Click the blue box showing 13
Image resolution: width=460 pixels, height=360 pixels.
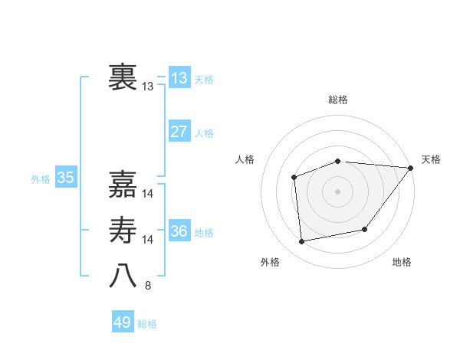(x=179, y=77)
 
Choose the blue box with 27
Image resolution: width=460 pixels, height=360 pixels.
(x=179, y=131)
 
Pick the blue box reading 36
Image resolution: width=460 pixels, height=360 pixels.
(x=179, y=231)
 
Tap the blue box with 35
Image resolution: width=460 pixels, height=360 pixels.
(x=66, y=178)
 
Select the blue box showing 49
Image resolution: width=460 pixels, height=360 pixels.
(x=123, y=322)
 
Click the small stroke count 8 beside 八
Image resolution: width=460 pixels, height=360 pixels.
(x=148, y=286)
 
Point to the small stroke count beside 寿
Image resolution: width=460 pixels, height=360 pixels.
(x=148, y=241)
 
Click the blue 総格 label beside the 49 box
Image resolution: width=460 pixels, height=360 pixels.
(x=147, y=324)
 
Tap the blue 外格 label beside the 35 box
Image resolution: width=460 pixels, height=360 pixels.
(x=41, y=179)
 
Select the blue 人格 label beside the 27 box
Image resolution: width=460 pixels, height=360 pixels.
(x=204, y=133)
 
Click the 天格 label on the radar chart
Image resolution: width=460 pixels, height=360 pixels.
(x=431, y=159)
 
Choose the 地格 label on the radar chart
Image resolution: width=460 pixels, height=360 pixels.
(x=402, y=262)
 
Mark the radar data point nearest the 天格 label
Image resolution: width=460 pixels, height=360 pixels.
(x=411, y=168)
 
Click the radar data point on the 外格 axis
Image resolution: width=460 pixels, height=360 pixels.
(x=302, y=242)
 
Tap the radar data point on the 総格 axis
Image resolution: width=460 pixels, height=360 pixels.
(x=337, y=161)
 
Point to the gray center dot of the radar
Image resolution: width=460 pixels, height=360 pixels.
(x=337, y=191)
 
